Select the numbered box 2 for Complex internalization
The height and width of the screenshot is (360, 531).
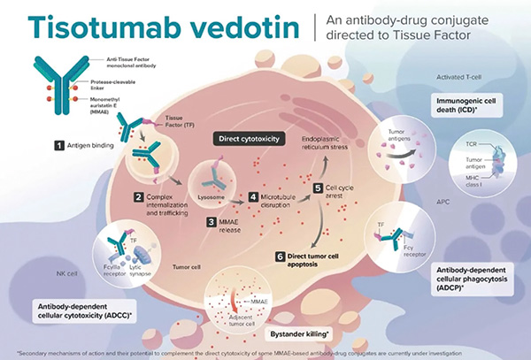coord(138,196)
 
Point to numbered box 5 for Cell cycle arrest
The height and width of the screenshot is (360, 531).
coord(319,188)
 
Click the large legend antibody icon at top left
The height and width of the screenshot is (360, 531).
coord(51,79)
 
